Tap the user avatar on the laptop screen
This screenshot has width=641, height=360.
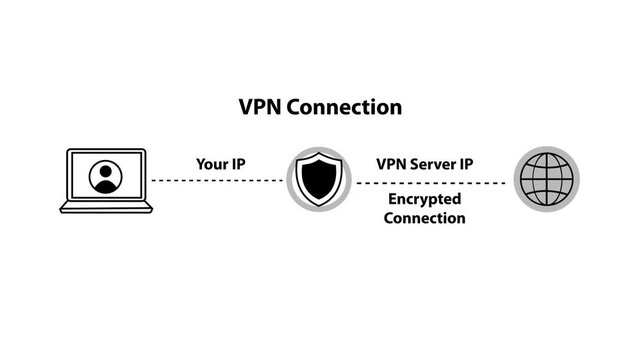coord(105,177)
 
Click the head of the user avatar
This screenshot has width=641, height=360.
coord(105,171)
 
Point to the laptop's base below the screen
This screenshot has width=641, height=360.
coord(106,208)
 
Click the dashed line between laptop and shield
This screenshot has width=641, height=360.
coord(217,180)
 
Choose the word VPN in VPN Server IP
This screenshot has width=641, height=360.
coord(392,162)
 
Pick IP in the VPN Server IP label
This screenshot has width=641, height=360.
coord(466,162)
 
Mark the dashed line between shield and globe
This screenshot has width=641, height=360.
coord(431,183)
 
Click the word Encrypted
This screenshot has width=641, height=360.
coord(424,200)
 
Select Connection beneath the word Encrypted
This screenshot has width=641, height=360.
coord(424,218)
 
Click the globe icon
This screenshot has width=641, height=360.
coord(546,180)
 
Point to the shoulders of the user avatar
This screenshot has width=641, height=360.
coord(105,186)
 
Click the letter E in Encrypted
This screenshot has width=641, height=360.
coord(392,200)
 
